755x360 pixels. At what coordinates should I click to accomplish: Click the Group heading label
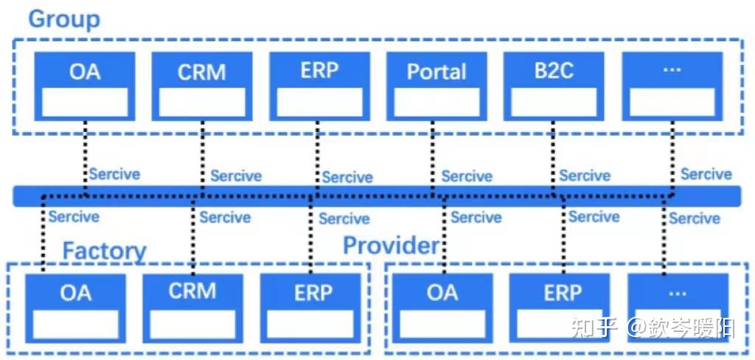[64, 19]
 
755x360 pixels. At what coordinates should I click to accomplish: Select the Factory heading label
[105, 251]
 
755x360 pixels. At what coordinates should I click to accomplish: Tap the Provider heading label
[391, 246]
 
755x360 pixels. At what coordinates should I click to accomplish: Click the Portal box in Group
[436, 86]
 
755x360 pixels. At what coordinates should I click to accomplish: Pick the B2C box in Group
[554, 86]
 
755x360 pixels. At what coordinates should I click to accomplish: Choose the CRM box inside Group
[202, 86]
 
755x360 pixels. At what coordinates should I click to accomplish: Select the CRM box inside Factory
[192, 308]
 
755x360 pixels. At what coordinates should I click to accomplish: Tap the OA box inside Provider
[442, 308]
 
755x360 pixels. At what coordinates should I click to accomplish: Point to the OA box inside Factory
[76, 308]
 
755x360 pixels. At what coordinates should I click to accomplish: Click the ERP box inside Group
[320, 86]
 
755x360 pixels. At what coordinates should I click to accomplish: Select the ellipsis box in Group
[672, 86]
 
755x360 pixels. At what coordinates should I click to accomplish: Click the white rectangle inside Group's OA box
[85, 102]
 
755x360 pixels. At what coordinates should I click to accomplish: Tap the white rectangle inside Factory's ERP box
[310, 325]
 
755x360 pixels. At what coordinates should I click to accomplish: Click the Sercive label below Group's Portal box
[467, 176]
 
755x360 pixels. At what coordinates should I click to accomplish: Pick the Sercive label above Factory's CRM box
[225, 218]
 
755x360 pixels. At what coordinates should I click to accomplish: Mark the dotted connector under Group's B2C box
[553, 159]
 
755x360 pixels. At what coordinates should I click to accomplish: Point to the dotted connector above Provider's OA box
[444, 235]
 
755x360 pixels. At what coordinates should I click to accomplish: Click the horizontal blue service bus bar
[377, 196]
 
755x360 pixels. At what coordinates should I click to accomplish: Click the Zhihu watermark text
[653, 328]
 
